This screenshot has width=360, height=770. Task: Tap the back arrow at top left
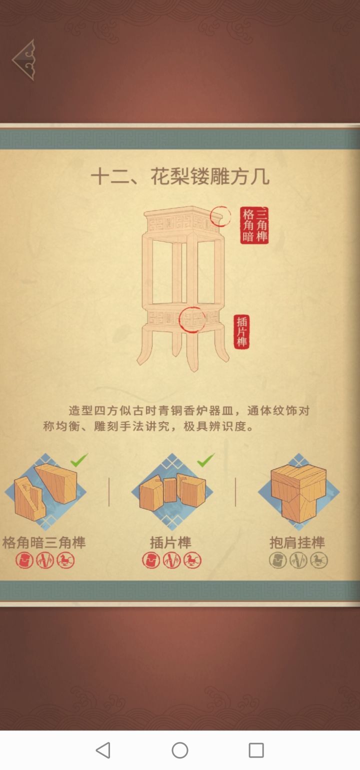(24, 60)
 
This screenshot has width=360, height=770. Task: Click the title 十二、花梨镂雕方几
(180, 176)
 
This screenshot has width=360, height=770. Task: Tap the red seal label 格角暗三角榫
(254, 225)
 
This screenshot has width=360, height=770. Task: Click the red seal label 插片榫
(241, 331)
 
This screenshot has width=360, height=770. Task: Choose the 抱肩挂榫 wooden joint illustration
(298, 491)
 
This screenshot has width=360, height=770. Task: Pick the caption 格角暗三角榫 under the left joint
(44, 542)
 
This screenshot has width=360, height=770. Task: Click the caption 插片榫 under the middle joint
(170, 542)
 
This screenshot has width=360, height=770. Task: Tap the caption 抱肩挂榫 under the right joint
(297, 542)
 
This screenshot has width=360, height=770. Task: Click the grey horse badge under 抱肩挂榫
(318, 560)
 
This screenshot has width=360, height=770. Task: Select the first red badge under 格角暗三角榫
(24, 560)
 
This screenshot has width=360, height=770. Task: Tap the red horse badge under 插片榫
(192, 560)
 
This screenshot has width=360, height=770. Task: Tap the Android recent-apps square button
(256, 750)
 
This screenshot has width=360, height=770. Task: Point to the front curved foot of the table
(193, 350)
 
